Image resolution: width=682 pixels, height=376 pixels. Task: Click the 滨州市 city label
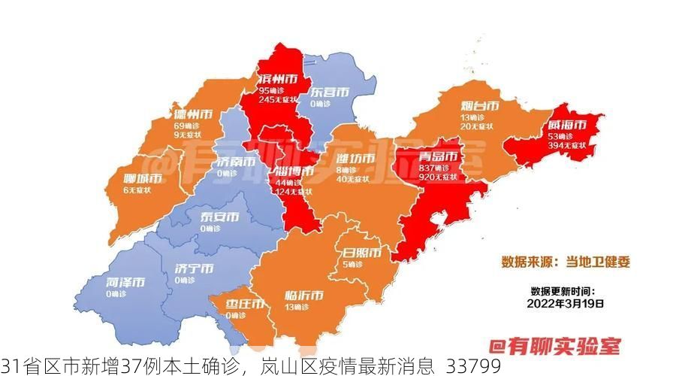coord(276,79)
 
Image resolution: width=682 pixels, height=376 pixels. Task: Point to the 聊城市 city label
coord(143,179)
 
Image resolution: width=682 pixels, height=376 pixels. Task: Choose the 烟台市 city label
coord(480,106)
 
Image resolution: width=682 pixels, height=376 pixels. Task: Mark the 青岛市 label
coord(439,156)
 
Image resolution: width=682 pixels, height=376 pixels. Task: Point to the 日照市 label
coord(361,252)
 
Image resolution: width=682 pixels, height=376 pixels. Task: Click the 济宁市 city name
coord(194,268)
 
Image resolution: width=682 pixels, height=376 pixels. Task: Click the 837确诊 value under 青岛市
coord(433,168)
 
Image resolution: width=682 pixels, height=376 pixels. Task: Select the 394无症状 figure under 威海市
coord(568,145)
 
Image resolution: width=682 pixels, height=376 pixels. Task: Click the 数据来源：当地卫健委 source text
coord(566,262)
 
